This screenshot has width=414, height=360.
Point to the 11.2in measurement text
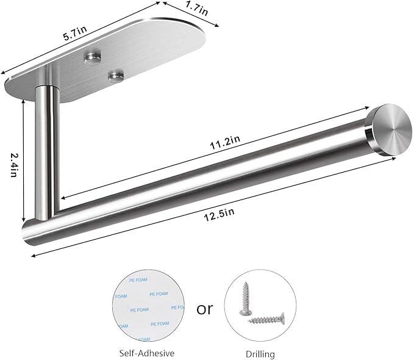tap(226, 141)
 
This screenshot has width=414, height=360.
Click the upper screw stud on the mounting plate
tap(91, 57)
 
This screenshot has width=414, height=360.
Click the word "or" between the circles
tap(205, 308)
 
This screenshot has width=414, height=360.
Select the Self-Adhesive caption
tap(147, 353)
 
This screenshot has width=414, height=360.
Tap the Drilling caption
tap(260, 353)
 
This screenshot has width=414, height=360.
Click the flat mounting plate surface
tap(122, 49)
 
